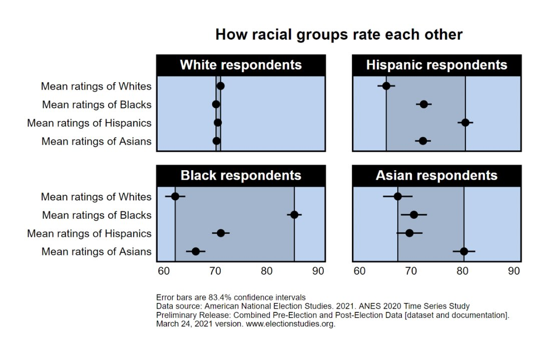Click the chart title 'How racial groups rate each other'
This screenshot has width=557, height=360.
pos(339,35)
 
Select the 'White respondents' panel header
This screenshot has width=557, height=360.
pos(241,65)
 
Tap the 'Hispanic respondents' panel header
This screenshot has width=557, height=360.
pos(436,65)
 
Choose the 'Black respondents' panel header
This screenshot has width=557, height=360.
pos(241,175)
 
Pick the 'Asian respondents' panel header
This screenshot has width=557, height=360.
pos(436,175)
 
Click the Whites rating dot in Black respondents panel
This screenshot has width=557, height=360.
pos(175,196)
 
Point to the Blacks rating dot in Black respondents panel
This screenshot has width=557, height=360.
pos(294,215)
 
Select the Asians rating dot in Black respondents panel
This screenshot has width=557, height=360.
pos(196,251)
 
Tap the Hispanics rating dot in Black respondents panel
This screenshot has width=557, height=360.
pos(221,233)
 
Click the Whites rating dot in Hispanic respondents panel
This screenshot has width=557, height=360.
pos(386,86)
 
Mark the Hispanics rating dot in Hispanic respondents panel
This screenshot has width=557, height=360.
pos(465,122)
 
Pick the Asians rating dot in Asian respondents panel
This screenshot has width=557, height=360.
pos(464,251)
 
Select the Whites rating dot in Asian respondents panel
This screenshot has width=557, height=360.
pos(398,196)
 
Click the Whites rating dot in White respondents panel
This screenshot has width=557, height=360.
pos(220,86)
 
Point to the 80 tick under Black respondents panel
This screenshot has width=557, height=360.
pos(267,271)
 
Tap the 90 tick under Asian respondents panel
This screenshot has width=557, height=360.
pos(514,271)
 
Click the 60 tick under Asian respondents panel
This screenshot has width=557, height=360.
pos(359,271)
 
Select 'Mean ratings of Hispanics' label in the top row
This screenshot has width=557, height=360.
pos(89,123)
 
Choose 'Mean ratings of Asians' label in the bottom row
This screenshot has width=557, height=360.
pos(96,251)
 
